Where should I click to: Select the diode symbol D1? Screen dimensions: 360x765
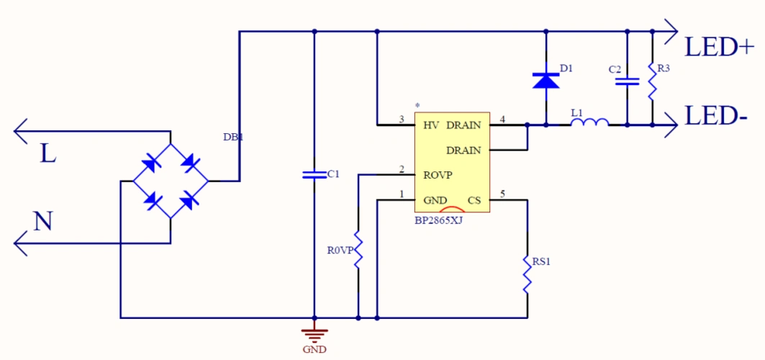click(x=546, y=80)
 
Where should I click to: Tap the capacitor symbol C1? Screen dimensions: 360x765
click(x=314, y=174)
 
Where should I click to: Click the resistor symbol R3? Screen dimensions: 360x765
click(x=652, y=82)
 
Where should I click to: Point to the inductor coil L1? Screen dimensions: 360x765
click(x=589, y=123)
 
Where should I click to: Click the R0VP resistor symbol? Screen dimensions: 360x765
click(x=358, y=251)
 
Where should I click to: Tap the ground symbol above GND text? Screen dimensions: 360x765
click(x=314, y=334)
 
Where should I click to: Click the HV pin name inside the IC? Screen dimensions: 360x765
click(x=430, y=125)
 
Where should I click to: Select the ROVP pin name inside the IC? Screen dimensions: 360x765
click(x=438, y=174)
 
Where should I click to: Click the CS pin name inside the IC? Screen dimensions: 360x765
click(x=474, y=200)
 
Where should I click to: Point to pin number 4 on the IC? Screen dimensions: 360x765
click(x=502, y=119)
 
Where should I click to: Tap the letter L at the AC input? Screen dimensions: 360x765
click(x=47, y=153)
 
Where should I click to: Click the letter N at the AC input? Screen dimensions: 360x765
click(x=43, y=222)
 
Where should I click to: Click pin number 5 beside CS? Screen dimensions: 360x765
click(x=502, y=194)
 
